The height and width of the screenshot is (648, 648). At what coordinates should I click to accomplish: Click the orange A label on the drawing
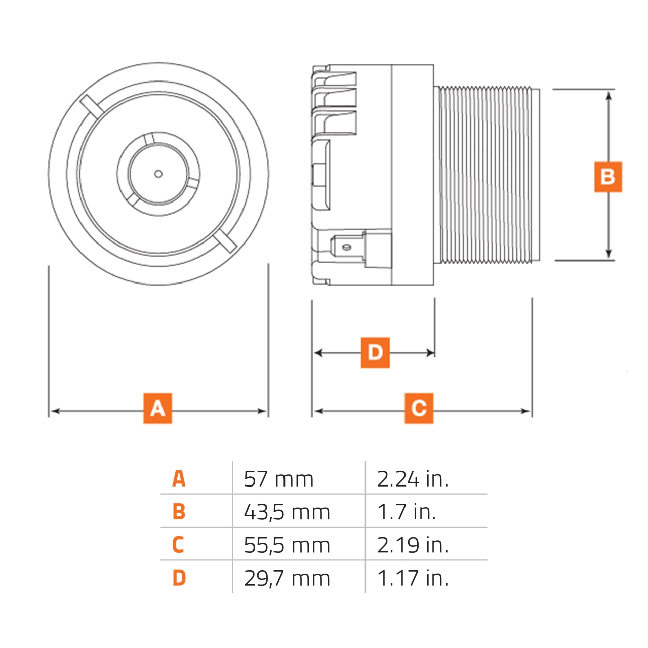157,408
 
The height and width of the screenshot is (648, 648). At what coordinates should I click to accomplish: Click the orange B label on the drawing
607,177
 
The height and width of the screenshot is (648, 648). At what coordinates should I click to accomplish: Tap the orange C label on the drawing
419,408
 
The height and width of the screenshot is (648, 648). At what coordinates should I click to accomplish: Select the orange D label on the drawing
375,352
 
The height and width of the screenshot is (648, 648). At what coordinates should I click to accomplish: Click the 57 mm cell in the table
278,479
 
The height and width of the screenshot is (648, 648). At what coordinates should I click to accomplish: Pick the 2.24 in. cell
413,479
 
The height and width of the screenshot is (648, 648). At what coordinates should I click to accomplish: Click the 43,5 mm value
287,512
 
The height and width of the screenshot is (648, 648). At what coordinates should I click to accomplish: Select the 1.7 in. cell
407,512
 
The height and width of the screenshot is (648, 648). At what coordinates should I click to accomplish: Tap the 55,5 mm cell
287,545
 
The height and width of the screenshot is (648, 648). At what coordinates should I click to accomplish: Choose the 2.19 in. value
413,545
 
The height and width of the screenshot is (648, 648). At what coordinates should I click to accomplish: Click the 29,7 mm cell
287,578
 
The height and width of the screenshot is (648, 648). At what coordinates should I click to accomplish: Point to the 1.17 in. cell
413,578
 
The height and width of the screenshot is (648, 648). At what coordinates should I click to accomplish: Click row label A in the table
179,479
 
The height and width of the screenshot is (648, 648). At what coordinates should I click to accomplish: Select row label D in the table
179,578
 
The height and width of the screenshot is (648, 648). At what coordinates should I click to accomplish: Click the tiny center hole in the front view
158,174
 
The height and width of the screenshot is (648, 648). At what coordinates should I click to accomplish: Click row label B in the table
179,512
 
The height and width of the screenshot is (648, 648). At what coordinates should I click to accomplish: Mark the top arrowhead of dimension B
609,94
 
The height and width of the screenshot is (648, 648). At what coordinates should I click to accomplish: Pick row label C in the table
178,545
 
